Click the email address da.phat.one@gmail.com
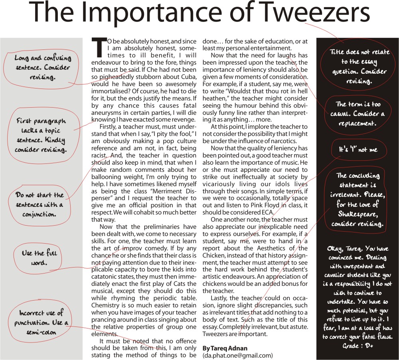237,355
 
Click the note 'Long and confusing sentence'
43,67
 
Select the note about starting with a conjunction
40,205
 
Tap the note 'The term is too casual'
358,113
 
